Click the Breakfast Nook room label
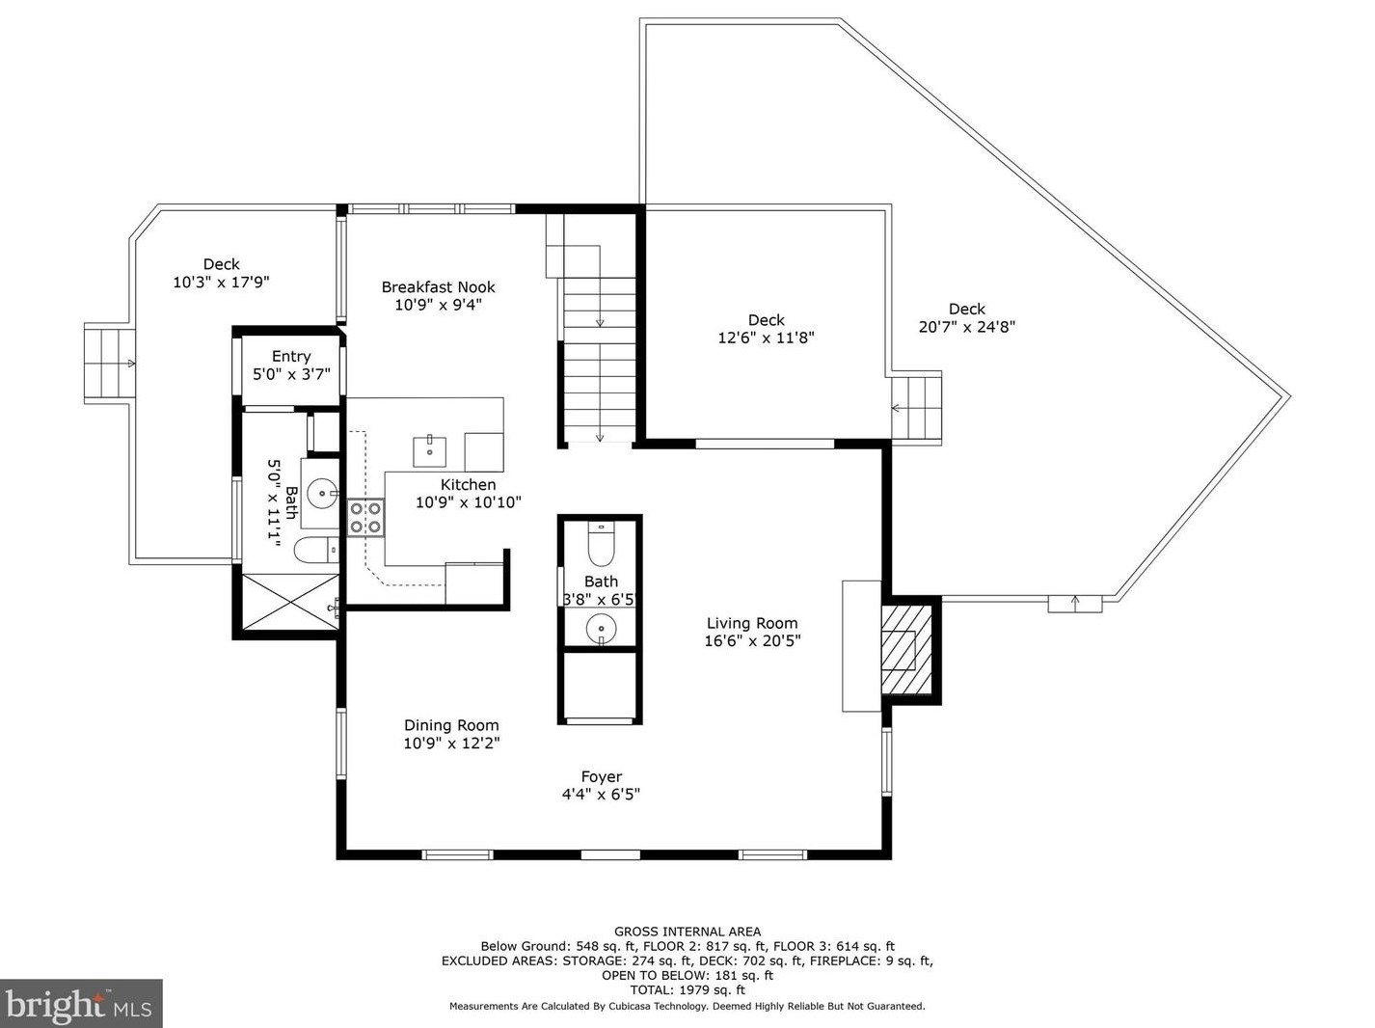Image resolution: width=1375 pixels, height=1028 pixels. point(438,287)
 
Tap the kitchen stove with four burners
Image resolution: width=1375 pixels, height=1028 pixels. point(365,517)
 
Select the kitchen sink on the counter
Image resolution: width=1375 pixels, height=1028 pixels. point(429,451)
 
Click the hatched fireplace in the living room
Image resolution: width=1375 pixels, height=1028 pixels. point(906,650)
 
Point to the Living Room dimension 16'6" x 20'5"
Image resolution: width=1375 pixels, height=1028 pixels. point(752,641)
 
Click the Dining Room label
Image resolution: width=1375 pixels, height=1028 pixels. point(451,725)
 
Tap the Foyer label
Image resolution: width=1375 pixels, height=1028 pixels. point(601,777)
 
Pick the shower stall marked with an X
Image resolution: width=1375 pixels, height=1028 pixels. point(290,602)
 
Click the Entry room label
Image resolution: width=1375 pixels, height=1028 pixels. point(291,357)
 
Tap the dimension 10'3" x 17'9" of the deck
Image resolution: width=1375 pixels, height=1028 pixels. point(221,282)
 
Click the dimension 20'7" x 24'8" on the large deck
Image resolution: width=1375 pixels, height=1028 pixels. point(966,326)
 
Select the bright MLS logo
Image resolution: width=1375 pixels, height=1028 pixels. point(81,1003)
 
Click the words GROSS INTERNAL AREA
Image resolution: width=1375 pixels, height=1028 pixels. point(687,932)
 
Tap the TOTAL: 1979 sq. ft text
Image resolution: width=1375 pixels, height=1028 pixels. point(687,990)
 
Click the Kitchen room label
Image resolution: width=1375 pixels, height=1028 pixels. point(468,484)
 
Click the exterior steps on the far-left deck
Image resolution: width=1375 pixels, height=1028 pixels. point(110,364)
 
